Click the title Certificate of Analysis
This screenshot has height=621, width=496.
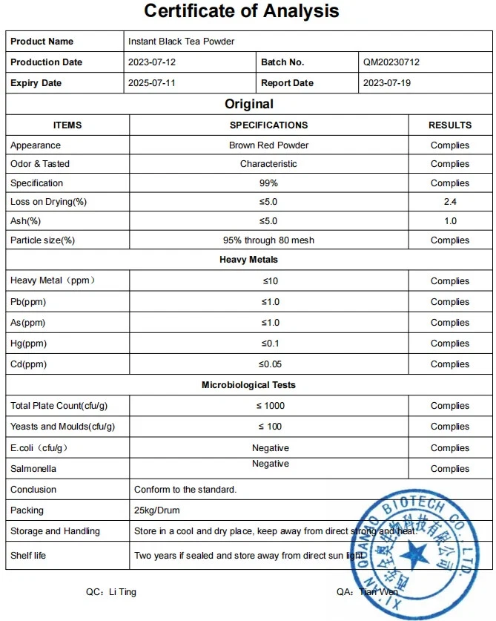coord(241,11)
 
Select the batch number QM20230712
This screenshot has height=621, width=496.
coord(391,62)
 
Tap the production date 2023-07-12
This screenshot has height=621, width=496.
coord(152,62)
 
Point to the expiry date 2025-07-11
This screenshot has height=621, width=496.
coord(152,83)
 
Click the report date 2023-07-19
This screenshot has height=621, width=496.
coord(386,83)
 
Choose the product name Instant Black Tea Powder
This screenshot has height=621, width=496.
coord(181,42)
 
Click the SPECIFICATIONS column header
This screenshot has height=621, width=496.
coord(268,125)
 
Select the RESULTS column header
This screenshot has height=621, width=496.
coord(449,125)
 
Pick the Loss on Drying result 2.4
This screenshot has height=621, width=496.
coord(449,202)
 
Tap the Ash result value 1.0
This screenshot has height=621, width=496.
coord(449,221)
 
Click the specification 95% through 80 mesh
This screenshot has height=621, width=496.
coord(268,240)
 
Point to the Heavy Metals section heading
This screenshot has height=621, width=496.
coord(248,260)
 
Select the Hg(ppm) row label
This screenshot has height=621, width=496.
coord(28,344)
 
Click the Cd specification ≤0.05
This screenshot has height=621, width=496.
coord(269,364)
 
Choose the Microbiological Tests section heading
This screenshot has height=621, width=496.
coord(248,385)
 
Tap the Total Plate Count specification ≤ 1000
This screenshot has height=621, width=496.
coord(270,406)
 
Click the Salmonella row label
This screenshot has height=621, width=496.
coord(33,469)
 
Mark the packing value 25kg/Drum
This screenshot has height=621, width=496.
coord(157,510)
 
